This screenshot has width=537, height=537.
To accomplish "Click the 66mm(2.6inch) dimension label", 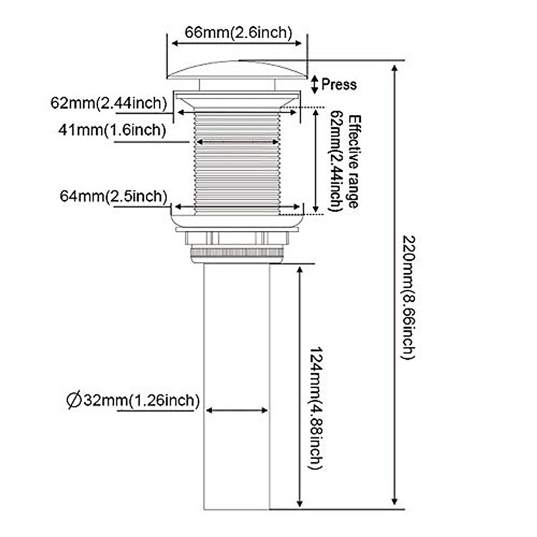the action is click(x=239, y=32).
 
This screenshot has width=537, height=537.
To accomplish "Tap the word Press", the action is click(x=339, y=84).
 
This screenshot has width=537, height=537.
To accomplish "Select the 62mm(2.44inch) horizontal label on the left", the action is click(x=108, y=103).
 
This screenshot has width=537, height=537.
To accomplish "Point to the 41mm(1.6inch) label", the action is click(x=112, y=130).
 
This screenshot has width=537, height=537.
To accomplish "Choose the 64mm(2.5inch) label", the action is click(x=113, y=196).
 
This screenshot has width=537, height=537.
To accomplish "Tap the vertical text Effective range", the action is click(x=354, y=161).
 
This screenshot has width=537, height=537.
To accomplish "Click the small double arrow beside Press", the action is click(x=315, y=84).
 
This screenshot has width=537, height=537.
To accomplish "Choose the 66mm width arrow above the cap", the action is click(x=238, y=43).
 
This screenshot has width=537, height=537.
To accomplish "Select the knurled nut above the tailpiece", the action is click(x=237, y=253).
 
